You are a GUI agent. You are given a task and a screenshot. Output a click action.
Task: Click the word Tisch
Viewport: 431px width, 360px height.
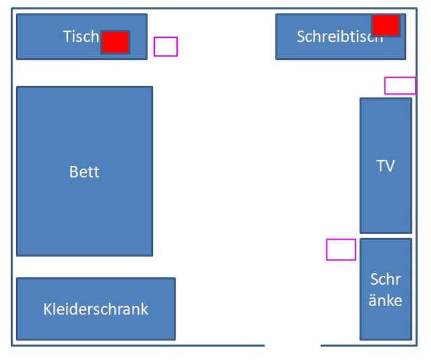click(81, 36)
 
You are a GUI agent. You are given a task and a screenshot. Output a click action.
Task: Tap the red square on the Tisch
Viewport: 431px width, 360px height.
click(115, 42)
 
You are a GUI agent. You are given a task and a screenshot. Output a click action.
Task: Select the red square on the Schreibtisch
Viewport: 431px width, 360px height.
click(386, 26)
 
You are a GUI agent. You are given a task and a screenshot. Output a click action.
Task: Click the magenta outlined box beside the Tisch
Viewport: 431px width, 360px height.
click(166, 46)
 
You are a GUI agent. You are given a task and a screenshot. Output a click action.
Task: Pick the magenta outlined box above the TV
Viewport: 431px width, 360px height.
click(400, 85)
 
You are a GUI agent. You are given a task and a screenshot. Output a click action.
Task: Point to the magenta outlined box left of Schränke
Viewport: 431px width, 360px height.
click(341, 249)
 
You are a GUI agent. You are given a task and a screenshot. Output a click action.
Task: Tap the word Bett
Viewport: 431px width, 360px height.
click(84, 172)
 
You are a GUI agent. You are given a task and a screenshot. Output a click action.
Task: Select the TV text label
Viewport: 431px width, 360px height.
click(385, 166)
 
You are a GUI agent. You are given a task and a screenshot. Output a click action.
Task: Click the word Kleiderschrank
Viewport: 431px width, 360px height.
click(96, 309)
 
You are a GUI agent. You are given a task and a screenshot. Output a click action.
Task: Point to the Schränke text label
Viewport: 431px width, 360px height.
click(385, 289)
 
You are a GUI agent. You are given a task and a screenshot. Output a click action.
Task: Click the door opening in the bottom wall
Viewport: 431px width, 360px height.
click(292, 345)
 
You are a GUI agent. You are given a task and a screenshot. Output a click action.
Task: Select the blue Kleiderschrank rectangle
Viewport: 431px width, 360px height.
click(96, 326)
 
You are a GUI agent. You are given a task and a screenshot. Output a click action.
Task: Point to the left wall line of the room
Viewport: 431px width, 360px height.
click(11, 175)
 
